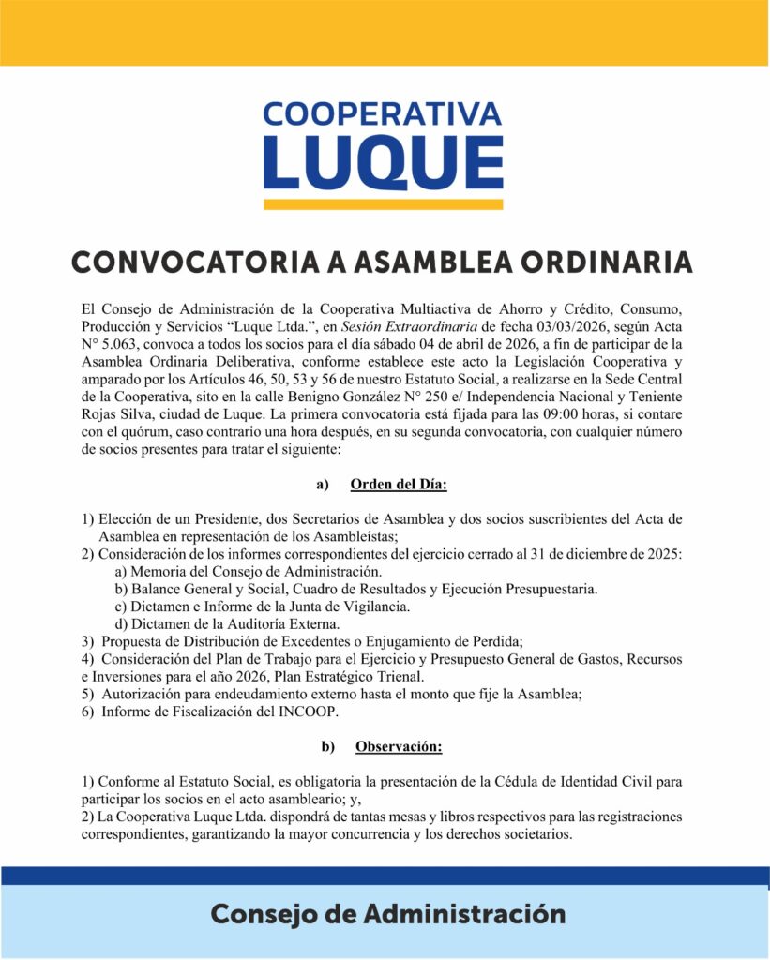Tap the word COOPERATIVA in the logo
tap(383, 113)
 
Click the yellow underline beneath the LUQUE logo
tap(383, 203)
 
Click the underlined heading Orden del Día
tap(399, 485)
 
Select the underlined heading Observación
tap(399, 747)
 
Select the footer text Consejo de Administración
tap(387, 913)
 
